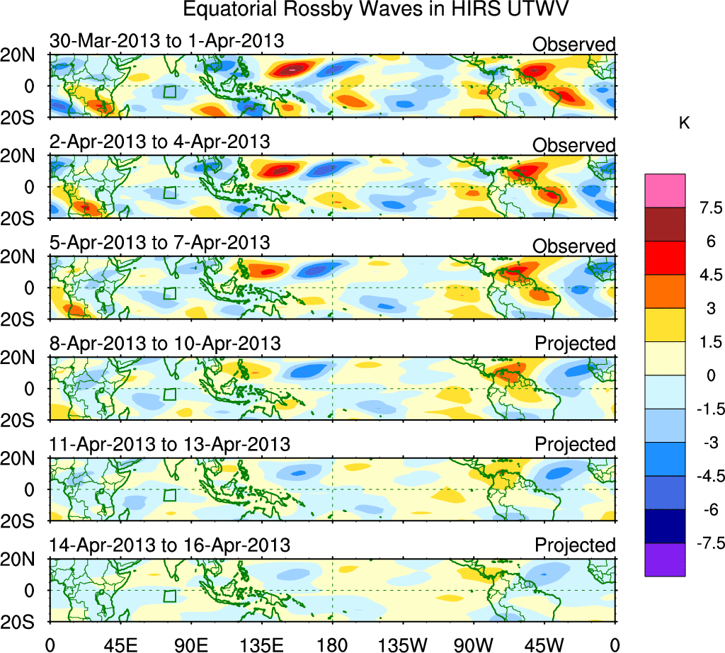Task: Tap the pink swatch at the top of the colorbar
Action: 665,190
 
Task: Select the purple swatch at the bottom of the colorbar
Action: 665,560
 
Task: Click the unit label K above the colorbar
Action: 684,123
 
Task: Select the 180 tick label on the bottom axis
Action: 332,645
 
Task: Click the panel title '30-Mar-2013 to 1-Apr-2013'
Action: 167,40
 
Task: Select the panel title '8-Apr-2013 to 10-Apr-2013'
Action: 165,343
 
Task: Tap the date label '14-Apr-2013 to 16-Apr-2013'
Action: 170,545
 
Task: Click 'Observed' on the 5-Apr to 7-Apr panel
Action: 574,246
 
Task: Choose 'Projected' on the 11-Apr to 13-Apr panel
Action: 575,444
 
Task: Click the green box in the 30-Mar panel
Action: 169,91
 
